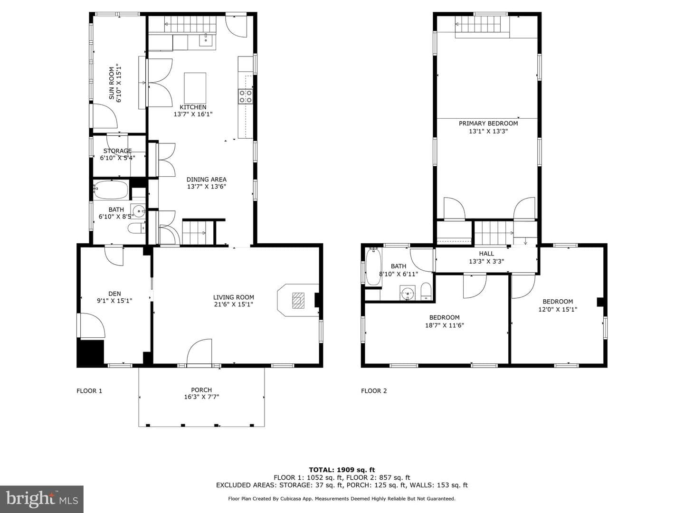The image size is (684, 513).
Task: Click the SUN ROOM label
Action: click(x=112, y=83)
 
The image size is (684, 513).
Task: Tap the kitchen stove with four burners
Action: click(x=246, y=96)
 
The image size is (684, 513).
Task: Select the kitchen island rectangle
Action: click(x=195, y=88)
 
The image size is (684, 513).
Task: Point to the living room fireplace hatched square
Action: click(x=298, y=300)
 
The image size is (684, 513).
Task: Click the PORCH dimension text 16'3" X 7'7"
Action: click(x=201, y=397)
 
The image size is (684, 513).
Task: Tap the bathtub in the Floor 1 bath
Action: click(x=111, y=190)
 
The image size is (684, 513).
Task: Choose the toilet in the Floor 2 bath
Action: click(x=426, y=291)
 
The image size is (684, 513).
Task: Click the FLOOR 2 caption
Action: click(x=374, y=391)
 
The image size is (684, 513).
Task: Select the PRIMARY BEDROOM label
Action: click(x=488, y=123)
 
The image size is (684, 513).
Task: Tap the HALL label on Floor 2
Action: click(x=486, y=254)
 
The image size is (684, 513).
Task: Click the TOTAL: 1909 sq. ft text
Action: click(x=342, y=470)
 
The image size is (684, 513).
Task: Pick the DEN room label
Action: click(x=114, y=294)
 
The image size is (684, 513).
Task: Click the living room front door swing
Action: click(x=199, y=351)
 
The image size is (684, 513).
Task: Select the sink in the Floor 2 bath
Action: click(x=407, y=293)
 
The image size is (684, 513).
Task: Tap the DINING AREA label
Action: click(x=206, y=180)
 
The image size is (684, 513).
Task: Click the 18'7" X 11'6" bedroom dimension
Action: click(x=445, y=325)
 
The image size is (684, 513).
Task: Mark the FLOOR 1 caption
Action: click(x=89, y=391)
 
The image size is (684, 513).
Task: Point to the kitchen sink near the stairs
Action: click(x=206, y=39)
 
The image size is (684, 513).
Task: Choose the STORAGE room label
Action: click(x=117, y=151)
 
